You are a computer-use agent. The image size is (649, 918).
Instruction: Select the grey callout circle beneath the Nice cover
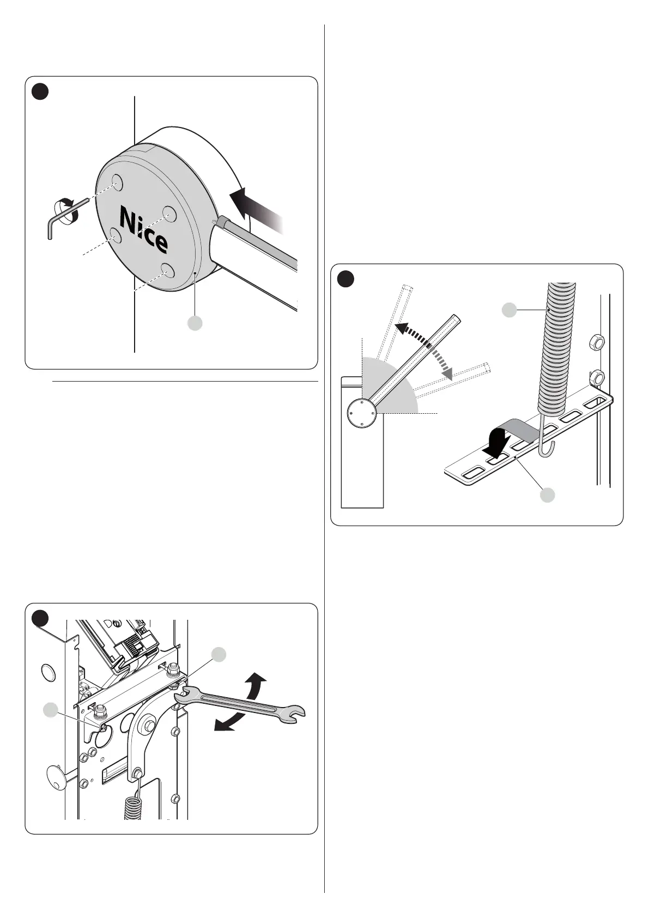click(195, 323)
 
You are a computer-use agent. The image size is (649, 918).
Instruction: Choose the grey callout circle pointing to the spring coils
click(509, 310)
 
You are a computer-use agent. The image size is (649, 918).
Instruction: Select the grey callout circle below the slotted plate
click(548, 495)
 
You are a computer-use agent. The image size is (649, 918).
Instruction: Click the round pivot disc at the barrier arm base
click(361, 413)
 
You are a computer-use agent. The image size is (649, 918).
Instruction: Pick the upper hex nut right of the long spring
click(597, 343)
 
